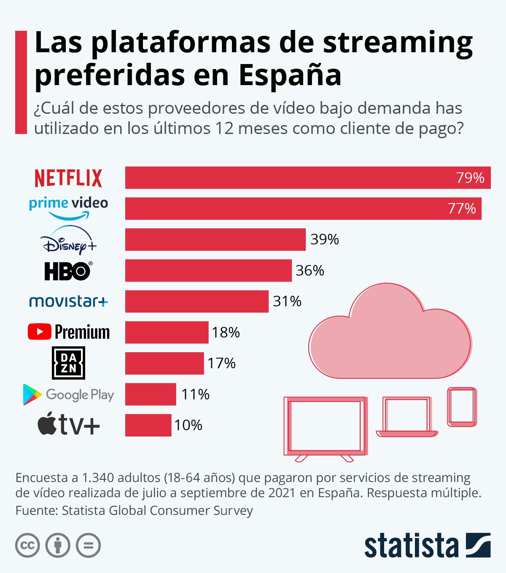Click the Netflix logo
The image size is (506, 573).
coord(68,178)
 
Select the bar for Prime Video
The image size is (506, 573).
coord(303,209)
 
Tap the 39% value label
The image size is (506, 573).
coord(325,239)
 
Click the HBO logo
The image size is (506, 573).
coord(67,271)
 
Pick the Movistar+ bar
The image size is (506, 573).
coord(196,301)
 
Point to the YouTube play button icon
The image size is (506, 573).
coord(40,332)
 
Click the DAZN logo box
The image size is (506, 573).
coord(68,363)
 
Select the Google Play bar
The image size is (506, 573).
coord(151,394)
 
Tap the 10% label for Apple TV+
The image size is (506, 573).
coord(188,425)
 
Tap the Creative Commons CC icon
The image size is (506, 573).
coord(27,546)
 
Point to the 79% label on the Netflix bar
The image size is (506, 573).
coord(470,178)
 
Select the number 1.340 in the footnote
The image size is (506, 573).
coord(99,478)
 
